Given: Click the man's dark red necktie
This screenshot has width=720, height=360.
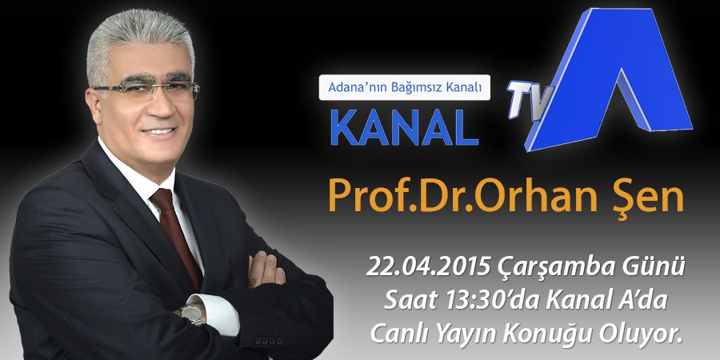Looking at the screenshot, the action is point(177,234).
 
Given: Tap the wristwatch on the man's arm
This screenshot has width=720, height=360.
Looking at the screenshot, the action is point(192,314).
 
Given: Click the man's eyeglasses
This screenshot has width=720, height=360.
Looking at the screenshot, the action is point(146,88).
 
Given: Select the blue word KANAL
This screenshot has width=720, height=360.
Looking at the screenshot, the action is point(405,126).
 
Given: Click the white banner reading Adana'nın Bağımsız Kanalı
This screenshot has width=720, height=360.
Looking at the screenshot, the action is point(405,87).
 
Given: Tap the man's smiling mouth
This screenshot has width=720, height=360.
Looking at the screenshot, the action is point(159,132).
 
